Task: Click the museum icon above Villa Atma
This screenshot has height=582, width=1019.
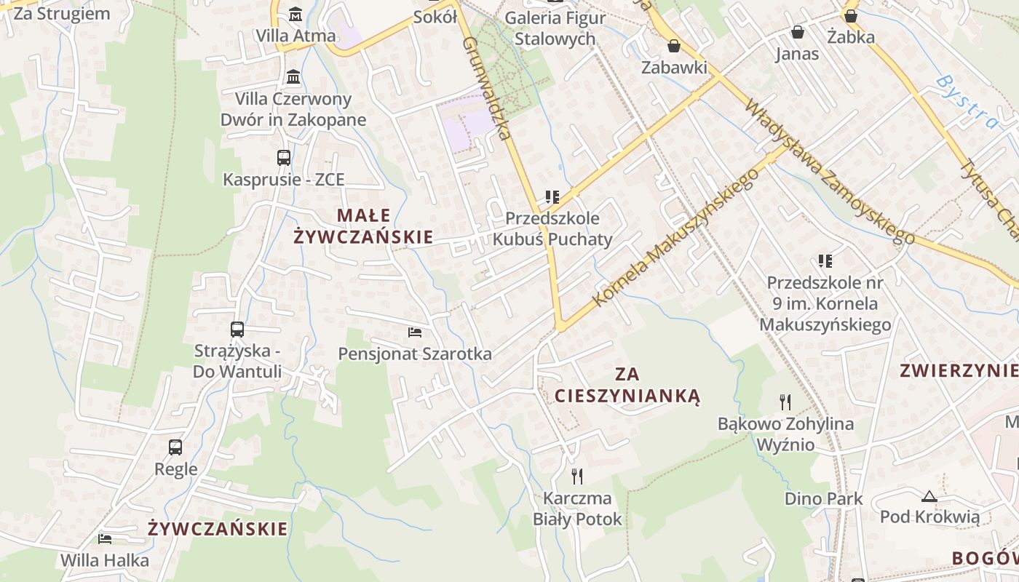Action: pyautogui.click(x=296, y=14)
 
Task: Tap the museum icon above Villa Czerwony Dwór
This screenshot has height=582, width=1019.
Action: pyautogui.click(x=293, y=76)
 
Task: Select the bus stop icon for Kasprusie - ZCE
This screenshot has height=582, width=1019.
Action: pyautogui.click(x=284, y=157)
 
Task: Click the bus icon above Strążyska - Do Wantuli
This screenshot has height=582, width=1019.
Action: pyautogui.click(x=237, y=329)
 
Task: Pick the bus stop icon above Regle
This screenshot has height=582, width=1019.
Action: pyautogui.click(x=175, y=447)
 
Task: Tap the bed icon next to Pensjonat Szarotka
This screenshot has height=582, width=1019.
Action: pyautogui.click(x=415, y=332)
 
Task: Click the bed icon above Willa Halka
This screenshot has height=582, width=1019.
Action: pyautogui.click(x=105, y=539)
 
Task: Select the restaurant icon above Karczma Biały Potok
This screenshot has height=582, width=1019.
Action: pyautogui.click(x=577, y=477)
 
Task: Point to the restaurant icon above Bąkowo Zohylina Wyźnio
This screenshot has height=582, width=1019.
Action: pyautogui.click(x=785, y=402)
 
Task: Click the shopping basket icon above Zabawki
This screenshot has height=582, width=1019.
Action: pyautogui.click(x=674, y=46)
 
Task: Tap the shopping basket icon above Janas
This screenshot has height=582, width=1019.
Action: pyautogui.click(x=798, y=32)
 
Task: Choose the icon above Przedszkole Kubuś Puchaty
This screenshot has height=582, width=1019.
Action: pyautogui.click(x=552, y=196)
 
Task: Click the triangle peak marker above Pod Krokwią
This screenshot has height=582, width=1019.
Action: pyautogui.click(x=929, y=497)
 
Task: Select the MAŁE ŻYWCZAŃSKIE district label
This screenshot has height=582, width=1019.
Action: pyautogui.click(x=363, y=226)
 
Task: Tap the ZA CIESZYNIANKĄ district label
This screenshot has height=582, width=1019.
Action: pyautogui.click(x=627, y=385)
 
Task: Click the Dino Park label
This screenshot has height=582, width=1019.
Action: pyautogui.click(x=823, y=498)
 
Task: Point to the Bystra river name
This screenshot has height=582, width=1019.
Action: pyautogui.click(x=967, y=101)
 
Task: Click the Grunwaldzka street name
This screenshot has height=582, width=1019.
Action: pyautogui.click(x=486, y=87)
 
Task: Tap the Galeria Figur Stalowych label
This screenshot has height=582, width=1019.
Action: pyautogui.click(x=555, y=28)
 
